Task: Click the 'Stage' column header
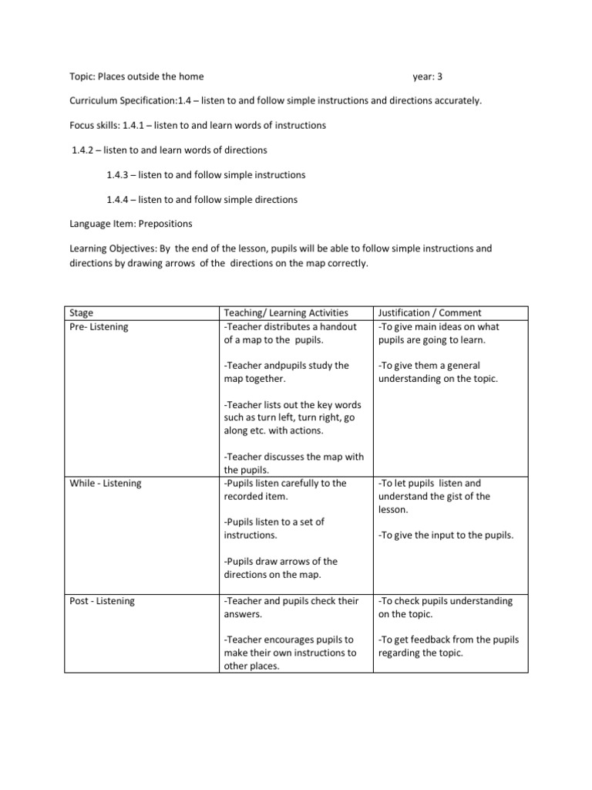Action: point(82,312)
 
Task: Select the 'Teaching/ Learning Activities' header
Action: point(285,312)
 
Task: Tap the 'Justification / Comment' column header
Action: point(429,312)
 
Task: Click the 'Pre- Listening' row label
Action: point(100,326)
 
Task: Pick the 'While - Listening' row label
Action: point(106,483)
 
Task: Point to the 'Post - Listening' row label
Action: point(103,600)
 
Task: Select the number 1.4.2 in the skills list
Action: point(85,150)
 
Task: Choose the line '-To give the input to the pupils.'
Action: point(445,535)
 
